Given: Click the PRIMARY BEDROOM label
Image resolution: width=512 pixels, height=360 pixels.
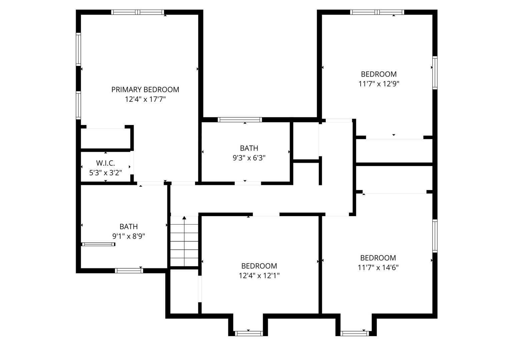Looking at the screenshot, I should click(145, 90).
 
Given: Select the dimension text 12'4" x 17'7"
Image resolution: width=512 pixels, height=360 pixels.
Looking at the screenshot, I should click(145, 99).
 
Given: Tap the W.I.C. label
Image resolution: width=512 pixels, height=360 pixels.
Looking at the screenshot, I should click(105, 163).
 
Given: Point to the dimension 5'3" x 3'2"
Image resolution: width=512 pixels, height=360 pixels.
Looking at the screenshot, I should click(105, 173).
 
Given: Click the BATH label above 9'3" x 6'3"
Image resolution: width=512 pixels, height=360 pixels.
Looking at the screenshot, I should click(249, 148).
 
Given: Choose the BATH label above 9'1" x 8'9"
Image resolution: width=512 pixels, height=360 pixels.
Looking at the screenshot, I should click(128, 227).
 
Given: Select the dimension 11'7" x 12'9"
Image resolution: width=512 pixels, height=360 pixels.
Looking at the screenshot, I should click(379, 84).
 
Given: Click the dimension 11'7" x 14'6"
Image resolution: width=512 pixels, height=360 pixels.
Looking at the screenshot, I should click(378, 267).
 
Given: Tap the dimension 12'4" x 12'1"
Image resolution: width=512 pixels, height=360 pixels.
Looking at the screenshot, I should click(259, 276).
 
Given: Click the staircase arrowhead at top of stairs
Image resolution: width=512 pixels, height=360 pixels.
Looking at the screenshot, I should click(184, 218).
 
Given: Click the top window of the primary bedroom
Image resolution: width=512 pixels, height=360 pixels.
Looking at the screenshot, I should click(138, 12).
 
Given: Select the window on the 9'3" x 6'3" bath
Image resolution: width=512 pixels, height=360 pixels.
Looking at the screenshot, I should click(239, 120).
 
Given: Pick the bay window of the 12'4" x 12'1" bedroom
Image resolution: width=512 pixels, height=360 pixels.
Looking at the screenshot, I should click(248, 333).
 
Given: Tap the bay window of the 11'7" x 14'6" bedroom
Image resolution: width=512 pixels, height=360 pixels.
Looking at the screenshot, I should click(355, 333).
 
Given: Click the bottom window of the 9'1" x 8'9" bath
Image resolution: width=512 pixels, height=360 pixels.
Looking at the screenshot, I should click(129, 271).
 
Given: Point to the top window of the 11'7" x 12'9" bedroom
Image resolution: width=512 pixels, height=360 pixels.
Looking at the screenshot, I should click(377, 12).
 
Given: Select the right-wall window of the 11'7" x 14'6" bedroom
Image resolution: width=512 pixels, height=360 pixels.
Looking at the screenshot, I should click(435, 236).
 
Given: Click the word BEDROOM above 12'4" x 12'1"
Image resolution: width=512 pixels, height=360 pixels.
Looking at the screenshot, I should click(259, 266).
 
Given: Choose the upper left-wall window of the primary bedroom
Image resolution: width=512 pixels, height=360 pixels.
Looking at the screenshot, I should click(78, 49).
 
